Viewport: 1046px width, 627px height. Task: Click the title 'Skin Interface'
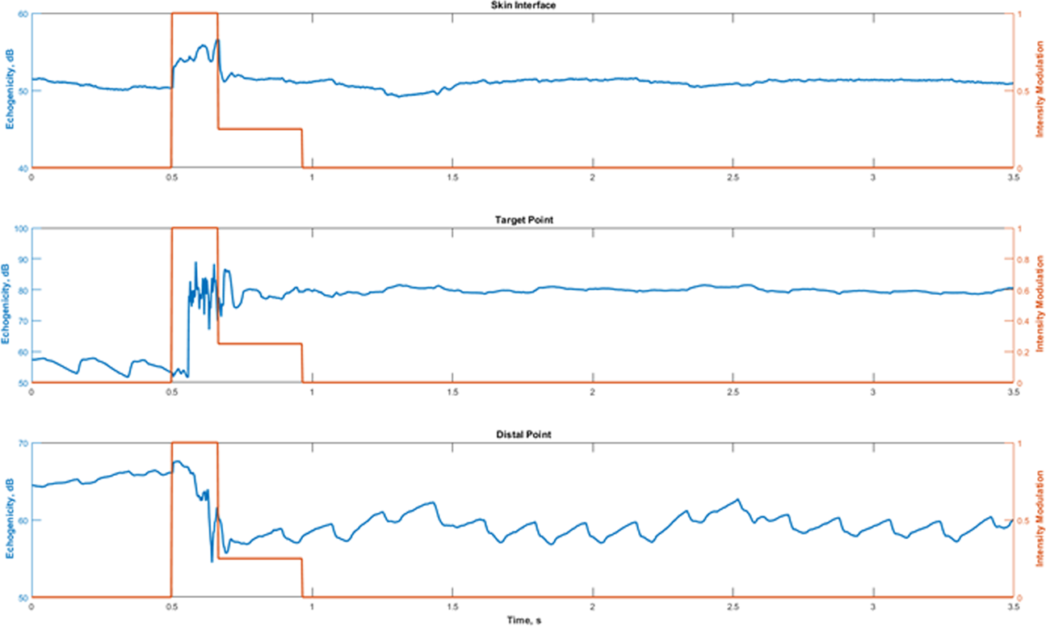[523, 6]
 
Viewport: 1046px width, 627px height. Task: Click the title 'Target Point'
[523, 221]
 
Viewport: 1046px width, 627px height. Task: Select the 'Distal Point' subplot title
[523, 436]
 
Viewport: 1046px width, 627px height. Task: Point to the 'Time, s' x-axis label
[523, 621]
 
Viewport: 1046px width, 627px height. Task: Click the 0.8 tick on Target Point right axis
[1027, 259]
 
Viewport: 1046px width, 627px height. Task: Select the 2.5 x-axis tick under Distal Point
[733, 606]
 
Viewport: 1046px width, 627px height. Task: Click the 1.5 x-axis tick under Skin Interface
[452, 176]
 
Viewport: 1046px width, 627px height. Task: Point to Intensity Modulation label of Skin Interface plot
[1039, 90]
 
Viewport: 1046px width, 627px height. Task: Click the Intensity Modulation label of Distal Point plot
[1039, 520]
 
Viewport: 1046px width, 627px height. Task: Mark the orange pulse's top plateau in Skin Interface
[194, 13]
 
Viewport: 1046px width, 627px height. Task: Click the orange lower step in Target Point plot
[259, 343]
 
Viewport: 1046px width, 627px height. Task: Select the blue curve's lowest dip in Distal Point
[212, 561]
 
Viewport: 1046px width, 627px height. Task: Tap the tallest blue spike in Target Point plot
[195, 263]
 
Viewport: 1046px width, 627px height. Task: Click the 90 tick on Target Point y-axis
[22, 259]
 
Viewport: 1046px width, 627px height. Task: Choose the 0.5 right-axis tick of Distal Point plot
[1027, 520]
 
